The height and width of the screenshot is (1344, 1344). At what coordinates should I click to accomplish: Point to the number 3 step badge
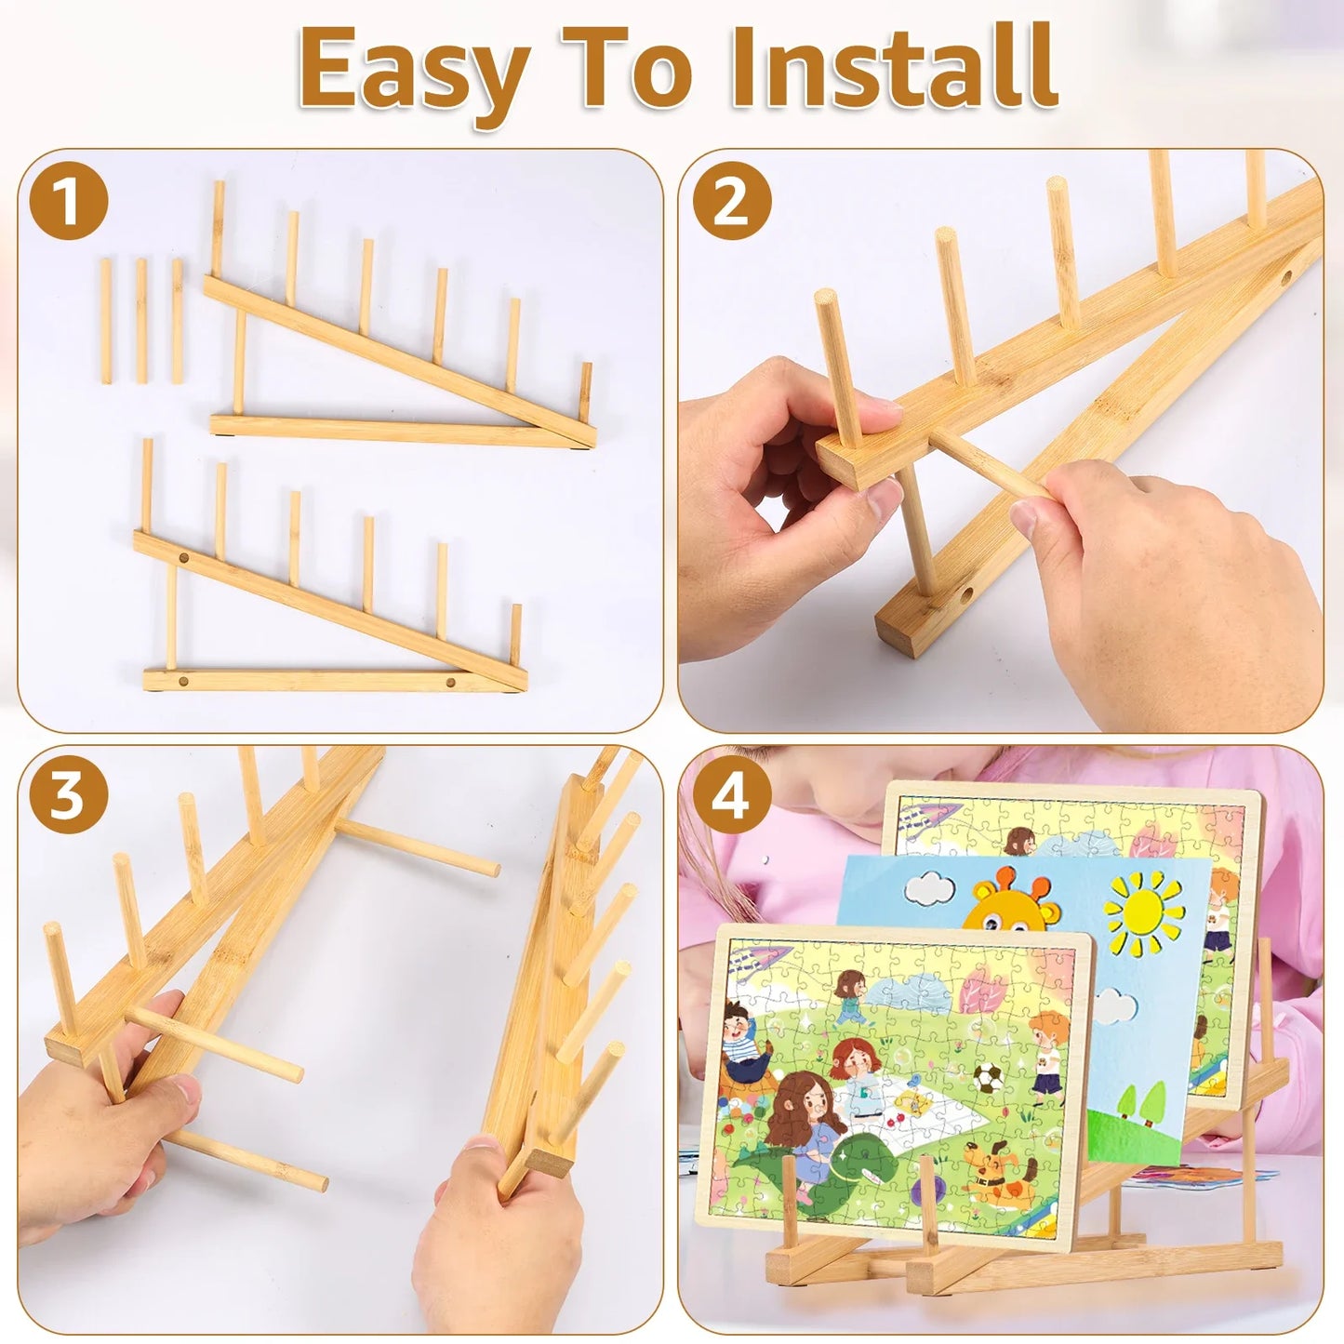coord(69,795)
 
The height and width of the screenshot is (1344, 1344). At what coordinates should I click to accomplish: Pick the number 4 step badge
coord(732,795)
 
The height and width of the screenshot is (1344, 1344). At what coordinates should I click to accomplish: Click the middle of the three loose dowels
coord(141,321)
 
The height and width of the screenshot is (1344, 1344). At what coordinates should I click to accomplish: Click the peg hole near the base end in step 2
coord(965,595)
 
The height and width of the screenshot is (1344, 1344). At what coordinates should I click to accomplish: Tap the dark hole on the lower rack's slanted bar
coord(183,558)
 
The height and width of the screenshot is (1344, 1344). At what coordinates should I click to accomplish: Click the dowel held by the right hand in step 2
coord(991,463)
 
